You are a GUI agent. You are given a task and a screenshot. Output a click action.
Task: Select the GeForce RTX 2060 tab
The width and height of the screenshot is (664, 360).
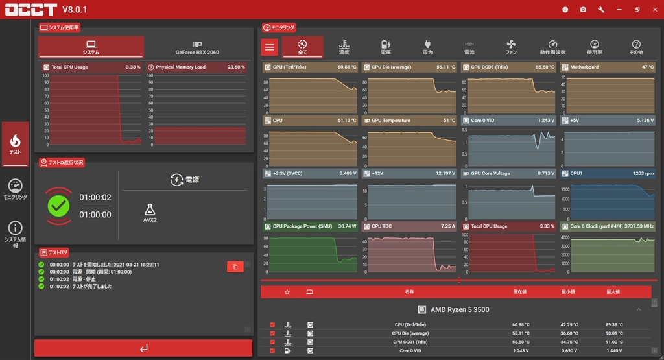(196, 47)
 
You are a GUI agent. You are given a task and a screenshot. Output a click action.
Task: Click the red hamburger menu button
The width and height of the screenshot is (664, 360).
(270, 47)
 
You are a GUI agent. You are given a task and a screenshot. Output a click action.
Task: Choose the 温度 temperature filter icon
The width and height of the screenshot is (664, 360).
(344, 47)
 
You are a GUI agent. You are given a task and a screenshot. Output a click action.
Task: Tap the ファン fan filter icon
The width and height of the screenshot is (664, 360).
(511, 47)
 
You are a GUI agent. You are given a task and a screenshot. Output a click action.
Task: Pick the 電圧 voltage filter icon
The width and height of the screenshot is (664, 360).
(385, 47)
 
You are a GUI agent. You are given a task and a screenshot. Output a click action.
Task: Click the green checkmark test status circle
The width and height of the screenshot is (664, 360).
(58, 206)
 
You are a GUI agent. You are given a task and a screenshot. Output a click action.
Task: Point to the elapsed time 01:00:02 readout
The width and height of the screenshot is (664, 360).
(95, 198)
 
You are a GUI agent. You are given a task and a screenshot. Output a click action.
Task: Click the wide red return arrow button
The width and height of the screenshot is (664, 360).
(143, 348)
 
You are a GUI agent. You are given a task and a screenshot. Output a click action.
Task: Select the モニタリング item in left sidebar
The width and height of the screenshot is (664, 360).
(16, 189)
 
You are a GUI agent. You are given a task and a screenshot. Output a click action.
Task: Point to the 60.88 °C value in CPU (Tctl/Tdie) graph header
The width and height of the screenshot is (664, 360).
(347, 67)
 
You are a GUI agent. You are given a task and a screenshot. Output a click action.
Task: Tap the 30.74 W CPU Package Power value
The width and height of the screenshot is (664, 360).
(347, 226)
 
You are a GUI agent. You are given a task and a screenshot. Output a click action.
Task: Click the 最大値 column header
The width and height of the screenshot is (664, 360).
(613, 292)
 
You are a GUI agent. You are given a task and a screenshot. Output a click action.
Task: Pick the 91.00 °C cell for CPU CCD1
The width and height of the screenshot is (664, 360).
(613, 342)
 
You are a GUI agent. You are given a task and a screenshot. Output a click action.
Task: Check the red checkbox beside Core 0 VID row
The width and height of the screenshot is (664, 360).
(272, 350)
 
